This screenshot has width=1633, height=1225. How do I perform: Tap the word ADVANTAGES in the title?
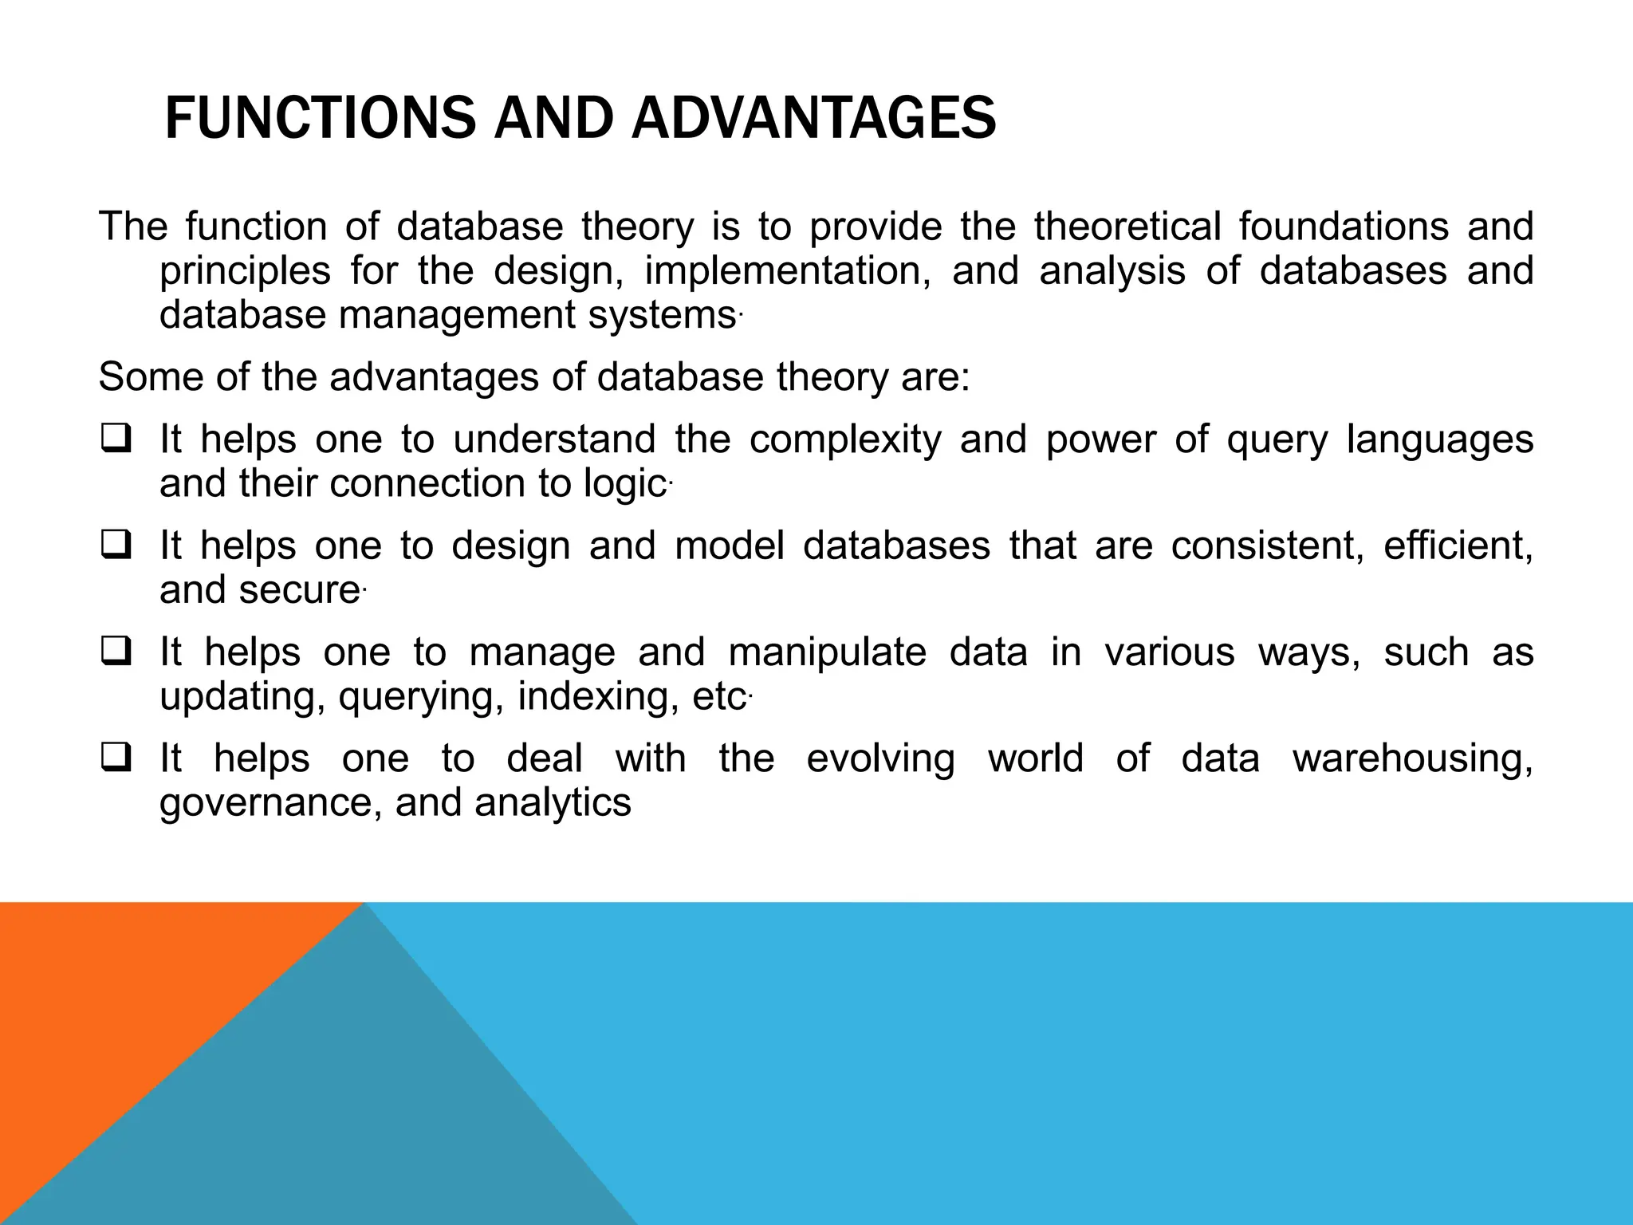click(x=813, y=118)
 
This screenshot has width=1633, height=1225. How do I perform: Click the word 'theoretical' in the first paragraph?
click(x=1127, y=226)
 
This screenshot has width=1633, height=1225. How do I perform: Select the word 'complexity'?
click(x=845, y=439)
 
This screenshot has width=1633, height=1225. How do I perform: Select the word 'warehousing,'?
click(x=1412, y=758)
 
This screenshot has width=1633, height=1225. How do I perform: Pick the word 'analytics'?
click(x=553, y=802)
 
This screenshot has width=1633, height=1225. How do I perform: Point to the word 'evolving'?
click(x=880, y=758)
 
